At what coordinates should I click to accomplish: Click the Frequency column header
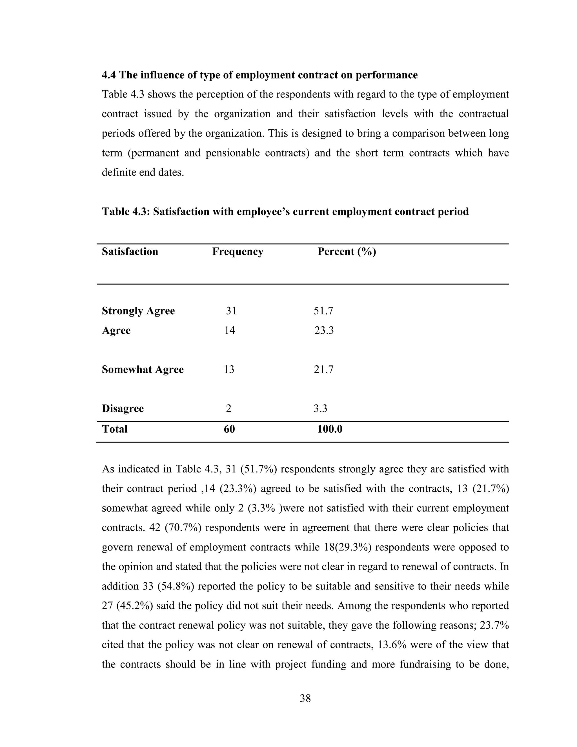coord(238,252)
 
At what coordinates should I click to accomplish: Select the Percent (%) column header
coord(347,252)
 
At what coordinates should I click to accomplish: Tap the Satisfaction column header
coord(130,252)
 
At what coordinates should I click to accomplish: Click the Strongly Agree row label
coord(138,311)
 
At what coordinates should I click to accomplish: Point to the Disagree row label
coord(123,409)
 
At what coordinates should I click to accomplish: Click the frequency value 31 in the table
coord(231,311)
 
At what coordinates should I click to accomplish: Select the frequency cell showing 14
coord(229,330)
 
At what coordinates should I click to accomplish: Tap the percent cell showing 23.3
coord(324,330)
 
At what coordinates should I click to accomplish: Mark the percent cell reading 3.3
coord(320,409)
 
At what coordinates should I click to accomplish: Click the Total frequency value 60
coord(229,429)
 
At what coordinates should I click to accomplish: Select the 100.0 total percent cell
coord(330,429)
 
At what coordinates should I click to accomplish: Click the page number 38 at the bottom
coord(305,699)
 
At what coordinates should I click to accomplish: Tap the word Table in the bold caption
coord(115,212)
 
